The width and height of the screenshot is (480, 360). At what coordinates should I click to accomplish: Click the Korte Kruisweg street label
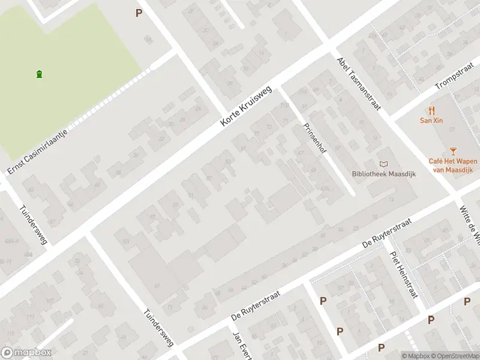coord(246,106)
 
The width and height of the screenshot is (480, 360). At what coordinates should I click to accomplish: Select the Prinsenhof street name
coord(314,137)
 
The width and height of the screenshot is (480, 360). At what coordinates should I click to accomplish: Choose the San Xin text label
coord(431,120)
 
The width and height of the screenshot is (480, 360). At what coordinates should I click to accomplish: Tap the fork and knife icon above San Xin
coord(431,110)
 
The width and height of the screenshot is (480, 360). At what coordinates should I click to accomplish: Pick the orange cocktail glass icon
coord(453,152)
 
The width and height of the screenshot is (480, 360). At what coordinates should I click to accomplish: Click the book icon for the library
coord(383,164)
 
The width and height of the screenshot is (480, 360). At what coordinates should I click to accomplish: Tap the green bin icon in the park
coord(39,74)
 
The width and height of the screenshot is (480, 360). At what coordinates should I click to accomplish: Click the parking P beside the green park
coord(139,13)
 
